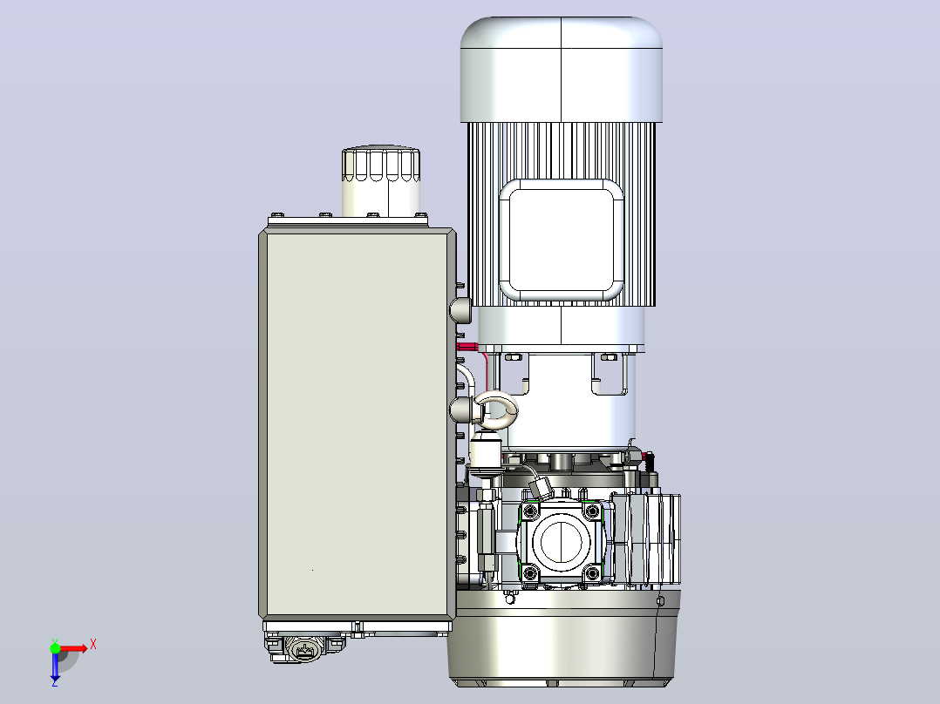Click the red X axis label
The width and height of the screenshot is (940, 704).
(x=93, y=645)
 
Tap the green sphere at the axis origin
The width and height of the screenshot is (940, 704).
(x=55, y=647)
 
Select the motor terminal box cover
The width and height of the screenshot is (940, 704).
(x=562, y=240)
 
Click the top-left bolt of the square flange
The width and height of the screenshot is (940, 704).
(x=530, y=511)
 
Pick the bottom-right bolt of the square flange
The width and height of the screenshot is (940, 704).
(x=592, y=573)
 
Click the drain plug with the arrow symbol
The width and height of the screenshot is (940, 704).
(x=304, y=649)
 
